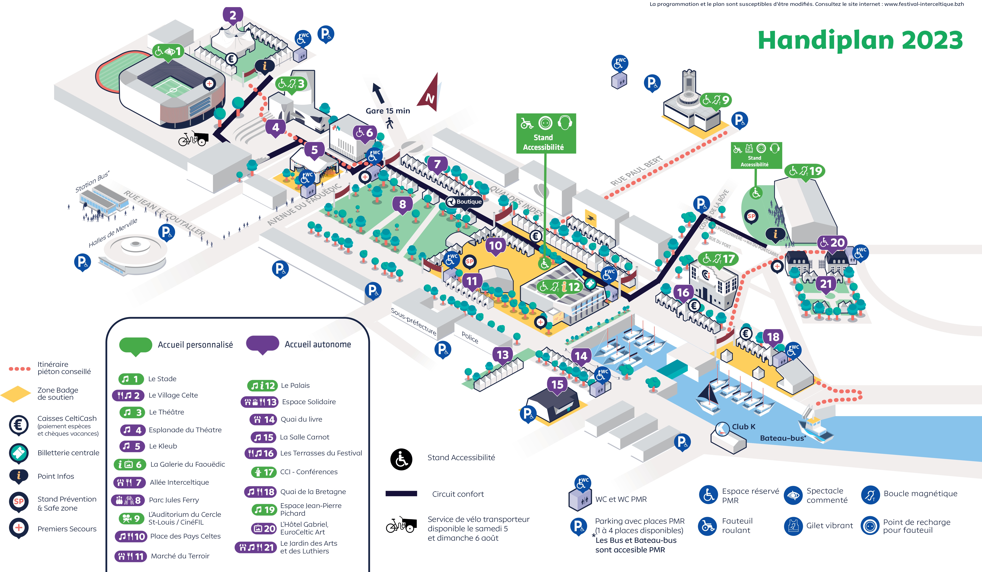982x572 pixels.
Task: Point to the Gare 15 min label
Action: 388,111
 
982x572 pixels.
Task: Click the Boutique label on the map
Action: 465,202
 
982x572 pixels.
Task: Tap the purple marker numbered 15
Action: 557,385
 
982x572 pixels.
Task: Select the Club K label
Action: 743,427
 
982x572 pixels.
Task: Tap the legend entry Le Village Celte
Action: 173,395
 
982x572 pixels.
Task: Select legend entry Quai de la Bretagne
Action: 313,492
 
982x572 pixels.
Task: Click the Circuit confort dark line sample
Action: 401,494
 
